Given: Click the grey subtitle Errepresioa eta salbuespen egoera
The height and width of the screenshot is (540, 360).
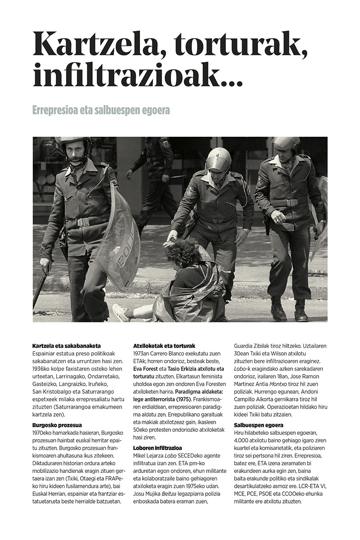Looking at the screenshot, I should (101, 110).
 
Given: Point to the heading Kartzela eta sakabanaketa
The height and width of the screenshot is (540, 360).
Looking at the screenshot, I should (66, 346).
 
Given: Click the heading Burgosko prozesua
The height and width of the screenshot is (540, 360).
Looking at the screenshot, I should (57, 424).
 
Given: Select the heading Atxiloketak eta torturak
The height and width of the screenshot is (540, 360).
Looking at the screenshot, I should (164, 346).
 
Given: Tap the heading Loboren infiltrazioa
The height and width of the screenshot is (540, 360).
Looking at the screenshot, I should (157, 448).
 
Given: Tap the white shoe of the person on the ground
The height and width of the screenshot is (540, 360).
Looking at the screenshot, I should (120, 311).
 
